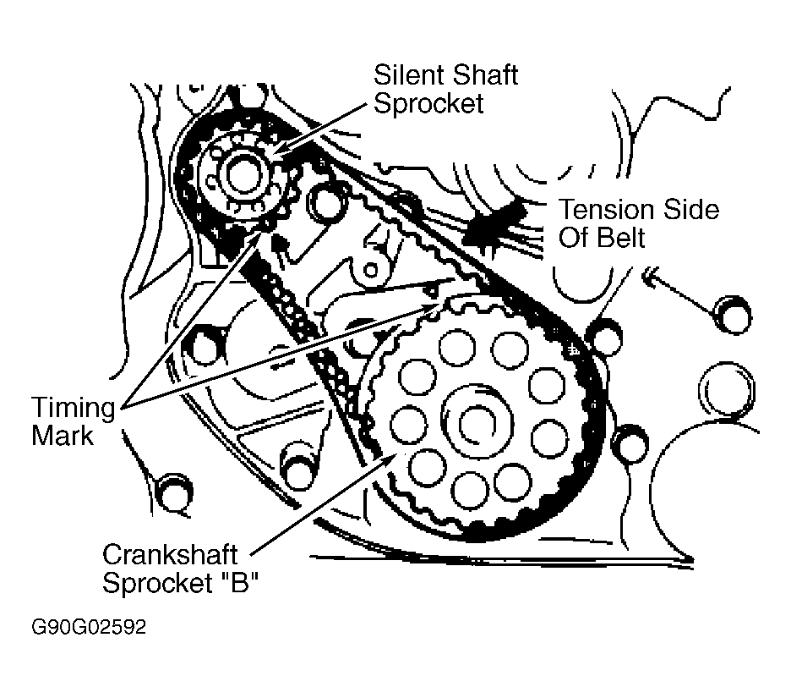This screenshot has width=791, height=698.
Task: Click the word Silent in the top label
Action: (x=405, y=74)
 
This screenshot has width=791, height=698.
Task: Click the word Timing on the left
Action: (x=74, y=408)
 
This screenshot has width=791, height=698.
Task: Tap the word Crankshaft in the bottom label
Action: (x=170, y=556)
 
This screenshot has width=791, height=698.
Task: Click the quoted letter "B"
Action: (x=239, y=584)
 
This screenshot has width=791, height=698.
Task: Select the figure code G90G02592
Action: (x=89, y=628)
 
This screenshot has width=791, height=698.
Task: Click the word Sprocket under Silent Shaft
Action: (x=429, y=103)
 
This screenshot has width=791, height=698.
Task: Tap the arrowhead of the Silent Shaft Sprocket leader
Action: (x=275, y=155)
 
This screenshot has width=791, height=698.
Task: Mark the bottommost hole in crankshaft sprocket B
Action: (x=466, y=487)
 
